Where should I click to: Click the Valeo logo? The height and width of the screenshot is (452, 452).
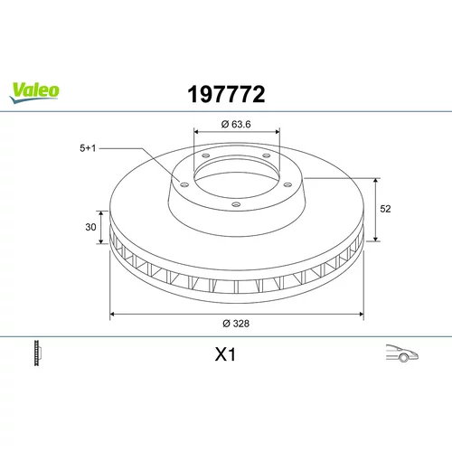point(34,92)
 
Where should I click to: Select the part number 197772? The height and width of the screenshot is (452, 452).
point(226,94)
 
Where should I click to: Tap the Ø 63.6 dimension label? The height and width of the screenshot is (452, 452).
point(236,124)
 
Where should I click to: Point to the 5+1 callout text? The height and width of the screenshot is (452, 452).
point(88,148)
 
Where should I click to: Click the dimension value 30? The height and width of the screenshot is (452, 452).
point(90,227)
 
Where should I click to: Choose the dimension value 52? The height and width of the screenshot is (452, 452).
point(385,209)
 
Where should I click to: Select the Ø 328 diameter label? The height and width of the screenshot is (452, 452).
point(236,324)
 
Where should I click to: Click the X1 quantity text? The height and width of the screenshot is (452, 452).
point(225,354)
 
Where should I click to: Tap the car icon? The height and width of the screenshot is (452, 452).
point(402,353)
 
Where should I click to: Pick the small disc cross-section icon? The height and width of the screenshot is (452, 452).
point(37,353)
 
